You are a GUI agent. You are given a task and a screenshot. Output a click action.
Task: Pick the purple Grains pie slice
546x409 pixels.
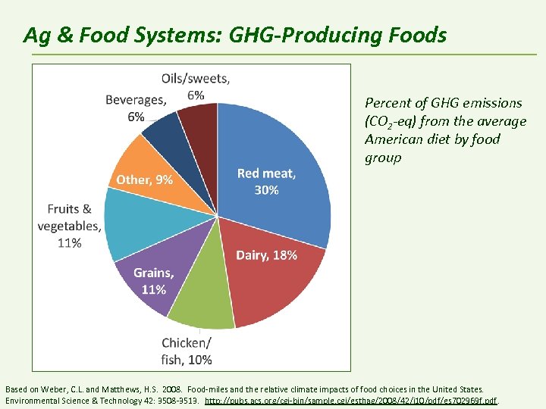pyautogui.click(x=152, y=280)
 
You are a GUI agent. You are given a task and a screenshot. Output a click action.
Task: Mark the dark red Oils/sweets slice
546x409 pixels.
pyautogui.click(x=201, y=125)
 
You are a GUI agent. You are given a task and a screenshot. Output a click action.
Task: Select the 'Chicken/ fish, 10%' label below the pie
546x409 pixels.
pyautogui.click(x=187, y=351)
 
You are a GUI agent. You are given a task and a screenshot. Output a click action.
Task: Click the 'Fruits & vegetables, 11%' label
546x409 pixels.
pyautogui.click(x=70, y=226)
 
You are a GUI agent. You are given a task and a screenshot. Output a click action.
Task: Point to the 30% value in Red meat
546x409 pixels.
pyautogui.click(x=266, y=190)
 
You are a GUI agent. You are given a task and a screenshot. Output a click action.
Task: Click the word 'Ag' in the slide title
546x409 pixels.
pyautogui.click(x=35, y=35)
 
